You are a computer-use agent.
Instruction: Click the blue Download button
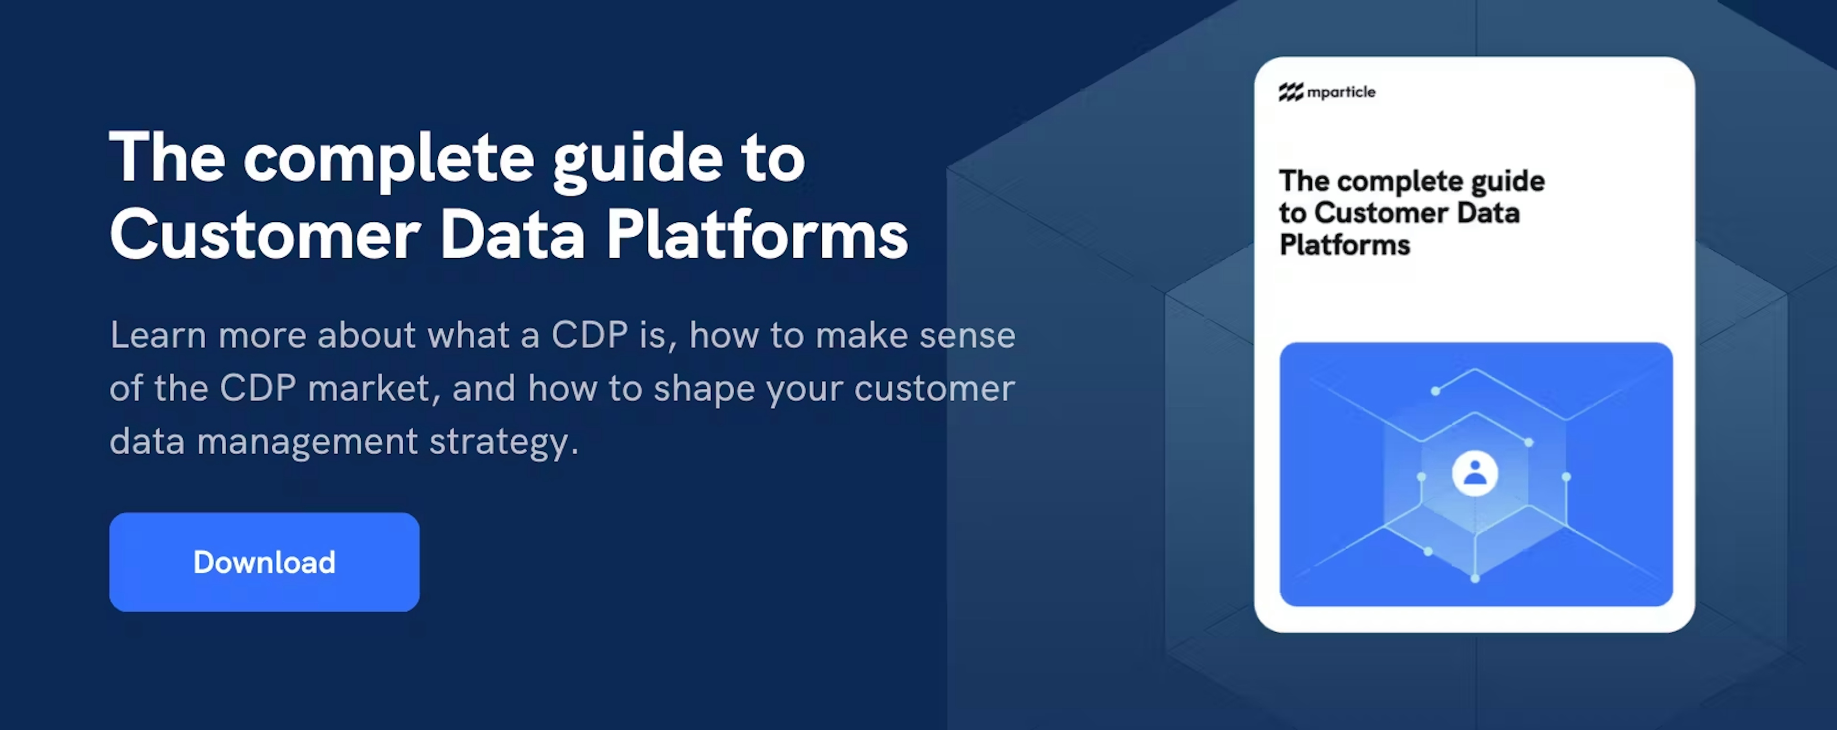(x=264, y=562)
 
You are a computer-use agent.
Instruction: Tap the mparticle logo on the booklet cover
(x=1327, y=92)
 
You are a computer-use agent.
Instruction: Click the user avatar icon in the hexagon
(x=1475, y=473)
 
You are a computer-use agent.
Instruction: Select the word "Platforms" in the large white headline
(x=757, y=235)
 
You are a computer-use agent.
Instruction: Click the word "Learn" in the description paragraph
(x=157, y=335)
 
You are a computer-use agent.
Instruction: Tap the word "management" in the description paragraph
(x=307, y=441)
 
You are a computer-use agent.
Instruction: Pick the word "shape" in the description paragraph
(x=704, y=389)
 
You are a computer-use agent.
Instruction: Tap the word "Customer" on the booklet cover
(x=1381, y=213)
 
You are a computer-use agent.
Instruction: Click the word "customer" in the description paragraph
(x=934, y=389)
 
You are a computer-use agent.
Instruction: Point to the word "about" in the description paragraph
(x=366, y=335)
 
